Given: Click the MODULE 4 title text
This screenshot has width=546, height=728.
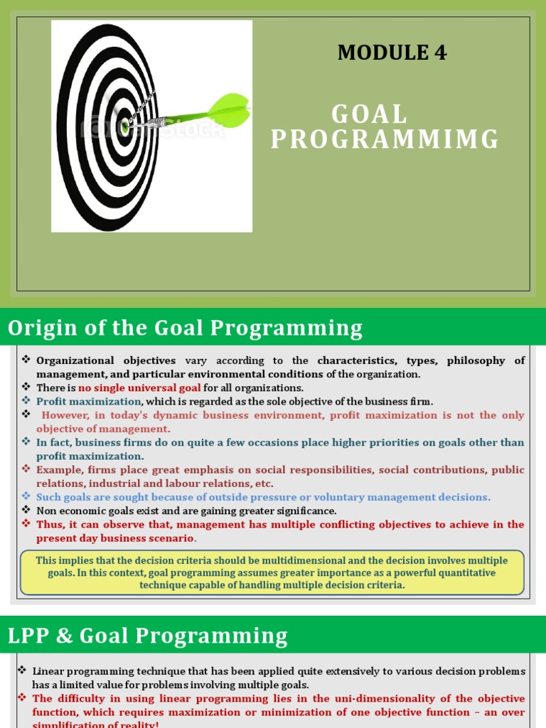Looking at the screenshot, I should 392,53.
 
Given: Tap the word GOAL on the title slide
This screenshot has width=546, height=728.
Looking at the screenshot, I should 370,114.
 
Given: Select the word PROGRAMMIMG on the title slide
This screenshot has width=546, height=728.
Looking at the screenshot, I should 385,140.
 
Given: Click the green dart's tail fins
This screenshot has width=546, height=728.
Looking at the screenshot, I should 231,110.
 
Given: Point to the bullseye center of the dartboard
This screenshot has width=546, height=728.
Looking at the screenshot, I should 125,127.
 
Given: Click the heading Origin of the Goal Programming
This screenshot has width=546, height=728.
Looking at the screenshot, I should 185,328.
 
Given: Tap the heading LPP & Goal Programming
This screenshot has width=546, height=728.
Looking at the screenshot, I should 148,636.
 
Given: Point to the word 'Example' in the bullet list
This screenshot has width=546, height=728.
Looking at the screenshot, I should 59,470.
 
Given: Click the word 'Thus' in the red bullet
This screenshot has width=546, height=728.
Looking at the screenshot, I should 48,525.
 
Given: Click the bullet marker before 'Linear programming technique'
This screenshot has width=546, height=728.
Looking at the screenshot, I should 22,670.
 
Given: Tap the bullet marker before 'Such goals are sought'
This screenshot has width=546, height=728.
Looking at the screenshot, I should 26,497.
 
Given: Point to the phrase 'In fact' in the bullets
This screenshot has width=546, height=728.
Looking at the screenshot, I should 53,442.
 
